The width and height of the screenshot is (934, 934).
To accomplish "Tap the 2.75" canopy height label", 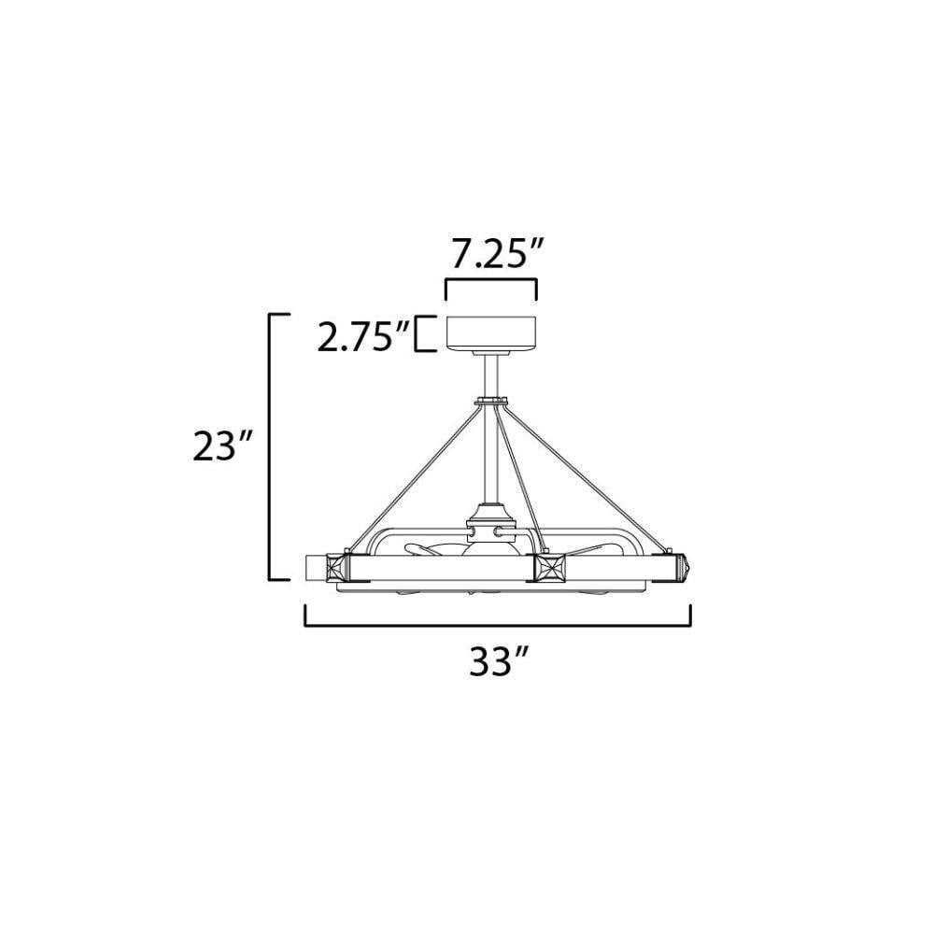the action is coord(362,336).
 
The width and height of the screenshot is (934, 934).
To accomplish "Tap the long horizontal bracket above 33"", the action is coord(498,625).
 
